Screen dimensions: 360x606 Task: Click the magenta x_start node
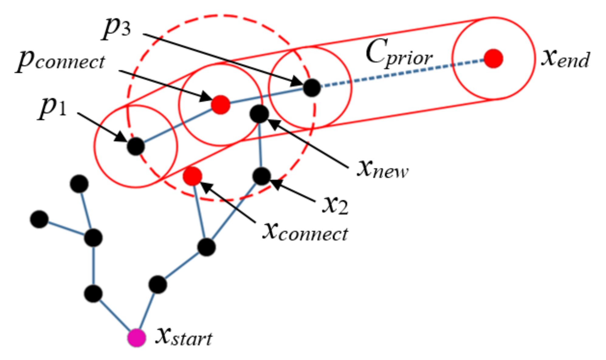136,337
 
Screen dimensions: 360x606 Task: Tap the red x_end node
493,58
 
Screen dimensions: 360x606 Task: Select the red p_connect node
221,105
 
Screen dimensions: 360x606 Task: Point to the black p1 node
136,146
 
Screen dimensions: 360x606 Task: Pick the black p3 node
312,88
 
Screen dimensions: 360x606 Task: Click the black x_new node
259,114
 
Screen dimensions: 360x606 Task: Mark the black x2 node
261,176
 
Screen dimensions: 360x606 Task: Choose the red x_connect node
192,176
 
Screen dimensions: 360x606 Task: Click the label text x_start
184,337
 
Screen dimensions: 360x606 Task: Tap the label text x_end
565,58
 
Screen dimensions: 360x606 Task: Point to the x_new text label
382,169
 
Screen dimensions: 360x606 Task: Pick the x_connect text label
305,232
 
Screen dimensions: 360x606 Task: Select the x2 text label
335,205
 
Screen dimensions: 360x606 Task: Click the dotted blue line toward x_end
401,73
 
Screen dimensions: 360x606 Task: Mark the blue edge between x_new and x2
260,145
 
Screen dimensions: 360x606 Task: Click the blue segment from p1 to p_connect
178,126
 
